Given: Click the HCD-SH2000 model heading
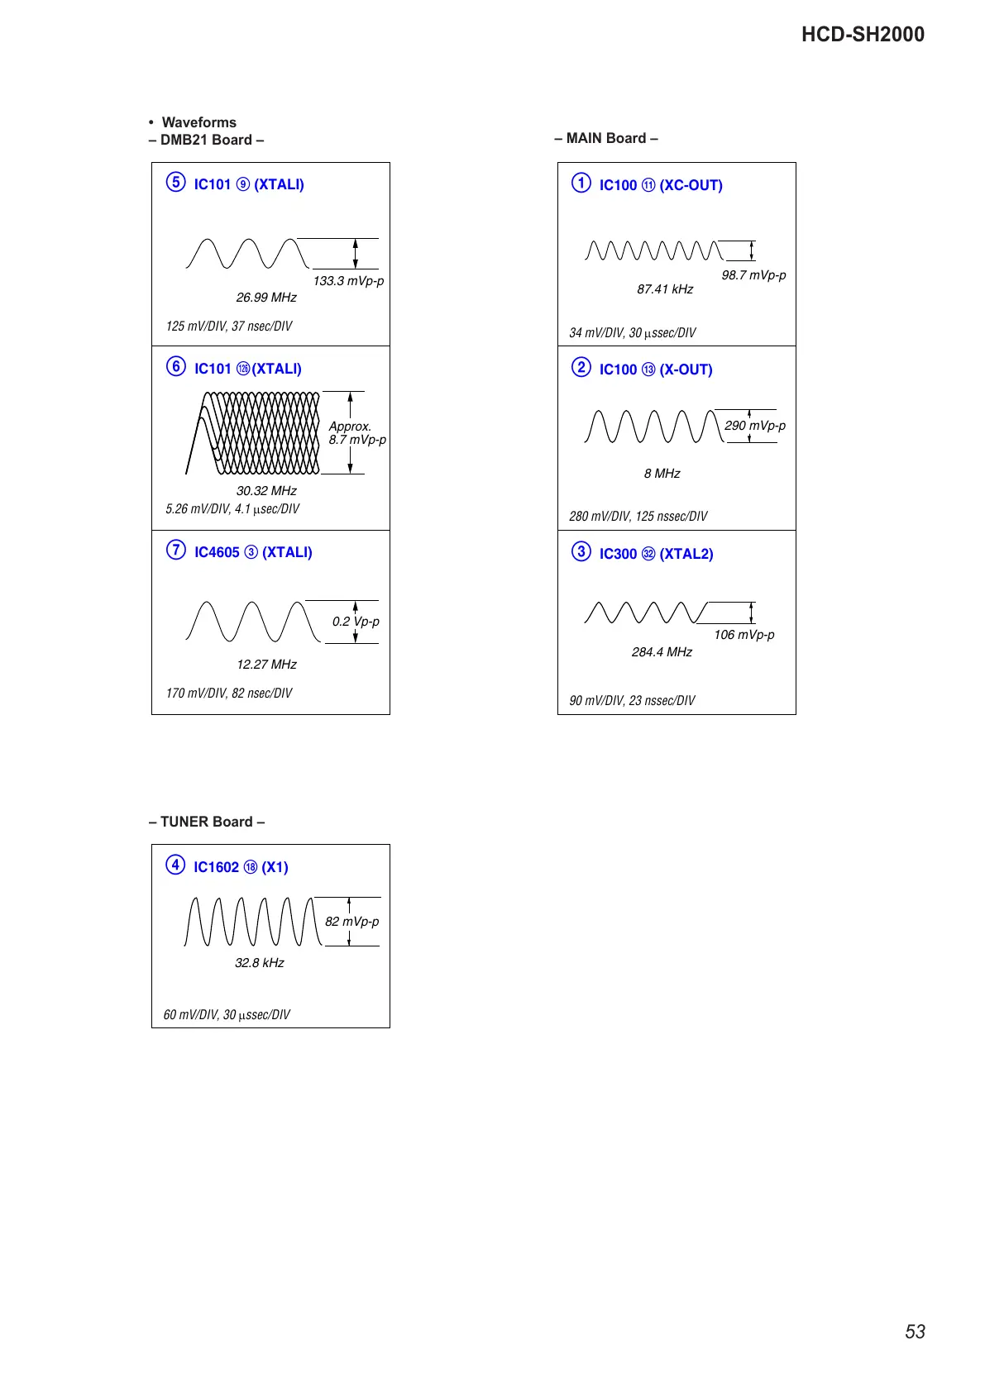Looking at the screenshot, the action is click(863, 35).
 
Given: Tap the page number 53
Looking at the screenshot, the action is click(915, 1332).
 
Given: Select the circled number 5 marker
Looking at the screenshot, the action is click(175, 182).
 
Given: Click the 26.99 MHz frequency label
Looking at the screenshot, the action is click(266, 298).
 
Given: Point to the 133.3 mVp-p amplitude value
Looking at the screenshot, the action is click(348, 281).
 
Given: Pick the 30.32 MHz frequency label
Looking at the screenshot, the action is click(266, 491).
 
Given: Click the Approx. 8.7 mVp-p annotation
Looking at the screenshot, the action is click(356, 433).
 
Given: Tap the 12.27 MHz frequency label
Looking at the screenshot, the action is click(266, 665).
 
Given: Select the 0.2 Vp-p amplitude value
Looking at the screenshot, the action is click(356, 622).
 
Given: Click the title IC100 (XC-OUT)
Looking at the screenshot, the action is click(661, 185).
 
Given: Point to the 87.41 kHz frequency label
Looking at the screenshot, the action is click(665, 289).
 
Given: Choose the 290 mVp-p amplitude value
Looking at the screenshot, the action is click(755, 426).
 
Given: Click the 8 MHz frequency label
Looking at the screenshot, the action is click(662, 474).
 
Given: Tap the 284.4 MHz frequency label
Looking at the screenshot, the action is click(662, 652).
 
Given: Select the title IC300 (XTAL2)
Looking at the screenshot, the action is click(656, 554).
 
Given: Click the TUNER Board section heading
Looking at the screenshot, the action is click(207, 822).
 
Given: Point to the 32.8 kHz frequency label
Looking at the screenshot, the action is click(260, 963).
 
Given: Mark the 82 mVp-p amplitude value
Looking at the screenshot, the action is click(351, 922).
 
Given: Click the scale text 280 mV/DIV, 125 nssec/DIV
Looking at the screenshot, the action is click(638, 517).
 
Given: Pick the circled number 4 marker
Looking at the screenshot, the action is click(175, 865).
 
